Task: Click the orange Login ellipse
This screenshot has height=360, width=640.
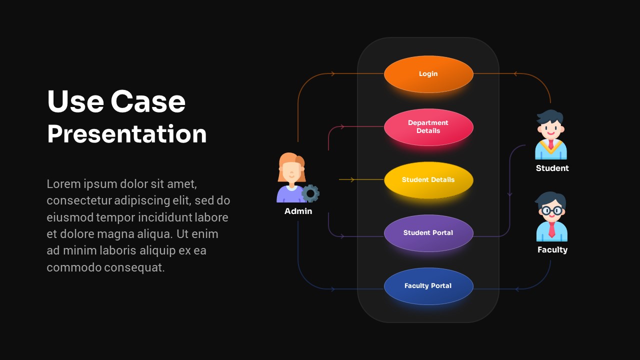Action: pos(428,74)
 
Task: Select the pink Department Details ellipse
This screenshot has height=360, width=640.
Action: pos(428,127)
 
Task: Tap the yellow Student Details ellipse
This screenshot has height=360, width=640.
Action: pos(428,180)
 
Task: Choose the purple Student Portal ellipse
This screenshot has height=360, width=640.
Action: pos(428,233)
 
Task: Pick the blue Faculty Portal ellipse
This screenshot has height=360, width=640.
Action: pos(428,286)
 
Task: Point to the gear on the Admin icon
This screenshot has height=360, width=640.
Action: pos(310,193)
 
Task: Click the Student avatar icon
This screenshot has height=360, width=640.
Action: pos(550,135)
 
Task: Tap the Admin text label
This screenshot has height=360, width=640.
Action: pos(298,211)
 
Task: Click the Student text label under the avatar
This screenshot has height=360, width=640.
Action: pos(552,168)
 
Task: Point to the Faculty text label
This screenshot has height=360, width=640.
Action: pos(552,250)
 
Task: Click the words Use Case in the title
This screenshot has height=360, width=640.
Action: pos(116,101)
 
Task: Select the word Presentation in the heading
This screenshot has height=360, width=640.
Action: pos(127,134)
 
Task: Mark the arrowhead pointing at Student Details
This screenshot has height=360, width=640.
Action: pos(352,179)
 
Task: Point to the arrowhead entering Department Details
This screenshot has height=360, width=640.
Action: pos(342,127)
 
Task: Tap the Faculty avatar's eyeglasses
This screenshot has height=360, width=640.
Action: pos(551,210)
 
